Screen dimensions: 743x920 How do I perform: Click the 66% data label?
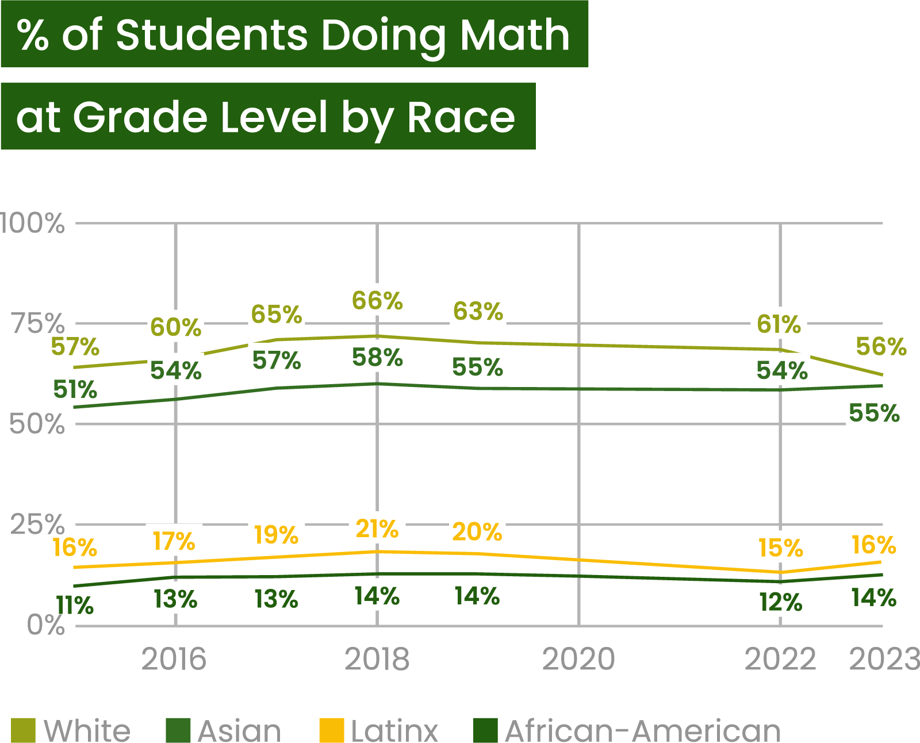point(377,300)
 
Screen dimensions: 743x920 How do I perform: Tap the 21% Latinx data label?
point(377,528)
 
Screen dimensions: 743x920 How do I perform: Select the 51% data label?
point(75,389)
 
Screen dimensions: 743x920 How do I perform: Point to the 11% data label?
point(75,604)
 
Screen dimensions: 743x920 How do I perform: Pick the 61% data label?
point(779,323)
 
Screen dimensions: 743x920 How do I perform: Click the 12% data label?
point(781,602)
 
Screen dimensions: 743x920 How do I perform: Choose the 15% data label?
point(781,547)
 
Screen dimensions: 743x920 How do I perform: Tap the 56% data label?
point(881,346)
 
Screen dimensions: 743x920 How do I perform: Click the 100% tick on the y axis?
point(33,223)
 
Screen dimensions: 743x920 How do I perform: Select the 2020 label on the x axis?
point(578,659)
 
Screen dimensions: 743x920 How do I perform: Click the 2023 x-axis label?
point(884,659)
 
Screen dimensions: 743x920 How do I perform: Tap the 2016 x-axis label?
point(174,659)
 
